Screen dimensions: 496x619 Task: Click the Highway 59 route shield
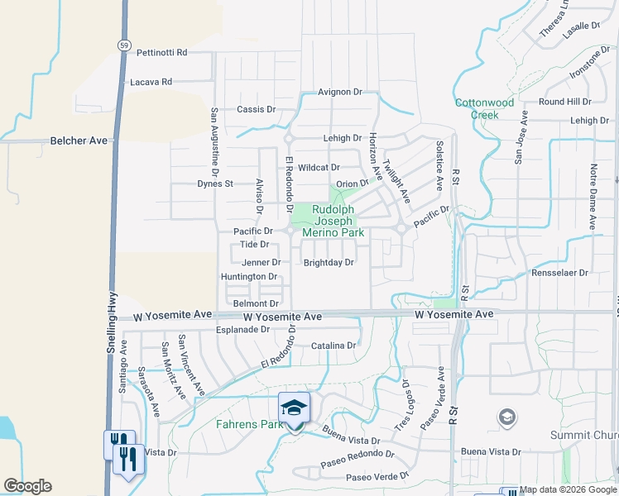123,45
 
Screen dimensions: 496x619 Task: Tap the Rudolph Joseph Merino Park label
333,222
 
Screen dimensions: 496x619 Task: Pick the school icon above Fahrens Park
293,408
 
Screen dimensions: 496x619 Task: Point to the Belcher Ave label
79,141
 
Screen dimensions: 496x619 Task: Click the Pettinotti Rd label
162,52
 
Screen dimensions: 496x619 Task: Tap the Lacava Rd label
151,82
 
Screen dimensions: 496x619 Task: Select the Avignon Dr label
340,92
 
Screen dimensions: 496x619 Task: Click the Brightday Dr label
329,263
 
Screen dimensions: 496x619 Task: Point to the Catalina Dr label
333,346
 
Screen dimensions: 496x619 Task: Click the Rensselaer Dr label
559,272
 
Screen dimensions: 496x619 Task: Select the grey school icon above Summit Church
506,417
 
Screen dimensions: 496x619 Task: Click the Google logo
27,486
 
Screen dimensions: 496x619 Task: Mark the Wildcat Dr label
319,167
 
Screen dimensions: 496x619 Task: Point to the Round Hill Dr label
564,102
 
